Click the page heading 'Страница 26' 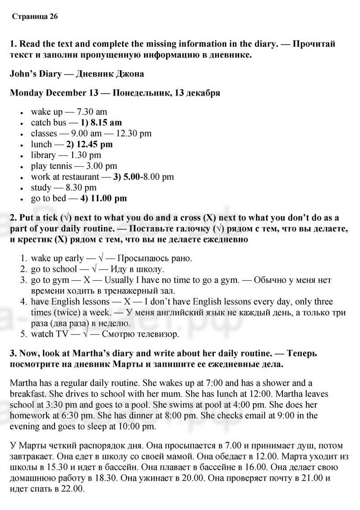tap(35, 17)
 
